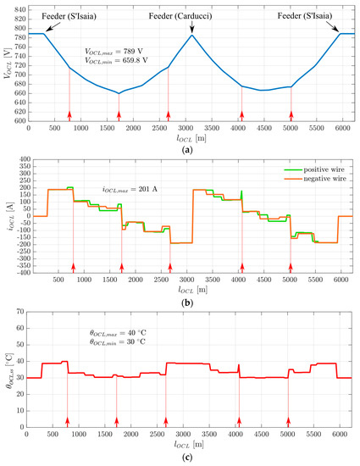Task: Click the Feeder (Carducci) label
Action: coord(191,15)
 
